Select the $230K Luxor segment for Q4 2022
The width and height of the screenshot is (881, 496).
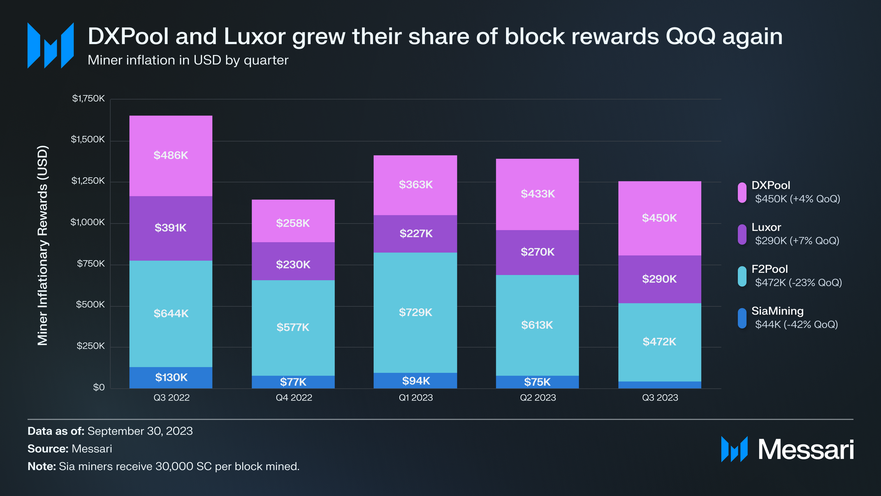293,261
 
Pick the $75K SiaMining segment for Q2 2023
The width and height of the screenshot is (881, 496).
537,382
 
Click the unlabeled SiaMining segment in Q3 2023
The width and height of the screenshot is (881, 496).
659,385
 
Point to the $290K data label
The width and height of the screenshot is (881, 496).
659,279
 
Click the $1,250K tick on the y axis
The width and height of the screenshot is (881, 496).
88,181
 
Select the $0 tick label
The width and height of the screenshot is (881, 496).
99,387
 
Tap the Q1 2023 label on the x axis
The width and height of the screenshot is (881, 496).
415,398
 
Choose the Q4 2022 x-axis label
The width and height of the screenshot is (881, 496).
294,398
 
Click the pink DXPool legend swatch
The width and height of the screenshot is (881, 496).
742,193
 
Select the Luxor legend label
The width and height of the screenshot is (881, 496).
766,227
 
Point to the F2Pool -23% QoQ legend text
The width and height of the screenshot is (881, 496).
798,282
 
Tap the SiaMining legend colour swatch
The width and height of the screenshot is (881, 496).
742,319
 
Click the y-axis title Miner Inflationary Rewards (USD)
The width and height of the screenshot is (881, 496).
43,245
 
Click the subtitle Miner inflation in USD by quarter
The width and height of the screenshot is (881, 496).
188,60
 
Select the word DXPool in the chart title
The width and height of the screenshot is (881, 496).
128,36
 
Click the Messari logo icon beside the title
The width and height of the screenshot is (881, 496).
51,45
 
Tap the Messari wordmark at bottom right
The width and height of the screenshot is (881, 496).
805,449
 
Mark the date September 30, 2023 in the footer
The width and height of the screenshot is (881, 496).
140,431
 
